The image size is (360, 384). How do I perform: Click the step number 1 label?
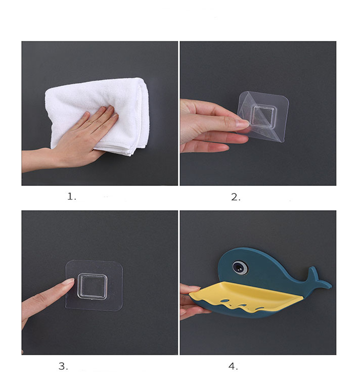[72, 197]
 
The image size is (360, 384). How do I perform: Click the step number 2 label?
[236, 197]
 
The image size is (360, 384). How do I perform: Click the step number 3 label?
[63, 366]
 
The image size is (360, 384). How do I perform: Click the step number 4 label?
[233, 366]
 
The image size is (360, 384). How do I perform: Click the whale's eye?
[240, 267]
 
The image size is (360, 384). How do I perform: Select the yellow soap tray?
[245, 296]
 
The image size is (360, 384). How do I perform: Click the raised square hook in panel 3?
[93, 286]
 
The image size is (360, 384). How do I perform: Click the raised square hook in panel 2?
[263, 116]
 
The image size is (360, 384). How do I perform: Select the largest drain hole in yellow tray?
[224, 301]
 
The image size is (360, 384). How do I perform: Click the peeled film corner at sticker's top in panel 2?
[248, 96]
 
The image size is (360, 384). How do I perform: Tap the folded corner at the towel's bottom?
[129, 152]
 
